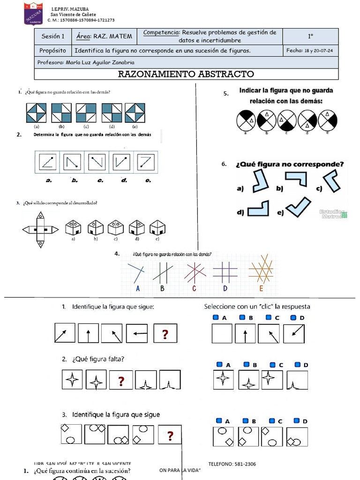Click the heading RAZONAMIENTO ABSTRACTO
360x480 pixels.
pos(186,74)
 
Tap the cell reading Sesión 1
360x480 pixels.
pos(53,36)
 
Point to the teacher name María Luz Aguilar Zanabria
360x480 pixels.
pos(100,62)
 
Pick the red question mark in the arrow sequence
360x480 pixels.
pos(165,334)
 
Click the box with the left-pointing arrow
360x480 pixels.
pos(136,334)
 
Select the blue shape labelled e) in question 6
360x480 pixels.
pos(299,207)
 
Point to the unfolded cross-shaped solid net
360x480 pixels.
pos(40,229)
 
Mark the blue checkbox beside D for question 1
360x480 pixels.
pos(293,318)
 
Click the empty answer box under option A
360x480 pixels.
pos(223,334)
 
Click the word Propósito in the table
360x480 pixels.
pos(53,51)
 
